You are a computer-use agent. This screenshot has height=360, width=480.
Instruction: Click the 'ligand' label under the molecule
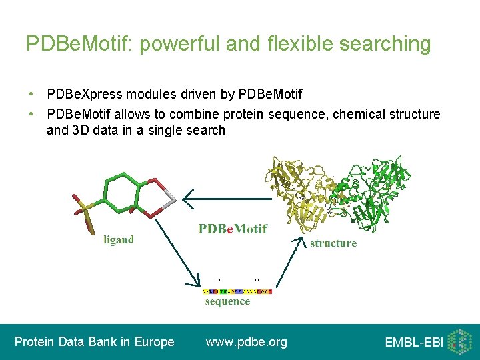(118, 239)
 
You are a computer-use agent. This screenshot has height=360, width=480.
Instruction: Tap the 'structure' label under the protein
(333, 243)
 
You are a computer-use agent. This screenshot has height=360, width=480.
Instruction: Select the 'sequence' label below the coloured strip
(227, 301)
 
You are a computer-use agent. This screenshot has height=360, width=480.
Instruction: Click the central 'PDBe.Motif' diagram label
(233, 229)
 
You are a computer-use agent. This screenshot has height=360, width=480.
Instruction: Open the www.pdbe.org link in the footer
(247, 342)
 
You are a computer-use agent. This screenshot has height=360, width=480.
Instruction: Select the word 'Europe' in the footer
(155, 342)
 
